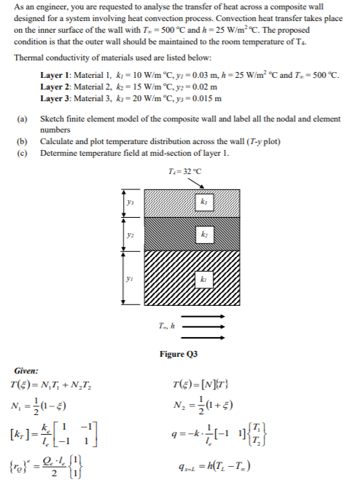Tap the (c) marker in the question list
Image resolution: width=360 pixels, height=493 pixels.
22,153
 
